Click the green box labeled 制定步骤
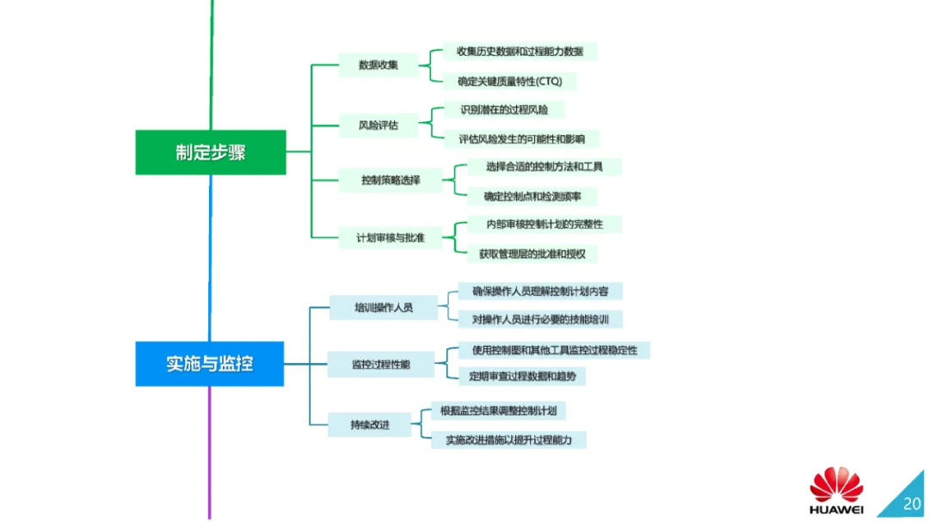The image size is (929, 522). tap(211, 152)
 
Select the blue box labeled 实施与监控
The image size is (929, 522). tap(210, 364)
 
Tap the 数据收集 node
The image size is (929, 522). tap(378, 64)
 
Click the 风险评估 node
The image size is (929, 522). tap(378, 125)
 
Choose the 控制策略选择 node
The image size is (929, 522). tap(391, 181)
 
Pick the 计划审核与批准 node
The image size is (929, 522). tap(391, 236)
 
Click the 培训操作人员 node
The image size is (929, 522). tap(384, 306)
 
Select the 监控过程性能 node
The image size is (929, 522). tap(381, 365)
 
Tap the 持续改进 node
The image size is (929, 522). tap(370, 425)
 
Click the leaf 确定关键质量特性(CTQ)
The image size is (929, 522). tap(510, 82)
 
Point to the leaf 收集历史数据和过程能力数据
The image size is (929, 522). tap(520, 52)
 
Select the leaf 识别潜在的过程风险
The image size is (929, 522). tap(503, 109)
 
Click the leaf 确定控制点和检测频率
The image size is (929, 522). tap(532, 196)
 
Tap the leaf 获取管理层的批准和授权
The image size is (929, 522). tap(532, 254)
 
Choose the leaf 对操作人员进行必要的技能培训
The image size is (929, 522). tap(540, 319)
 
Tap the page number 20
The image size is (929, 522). tap(911, 503)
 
